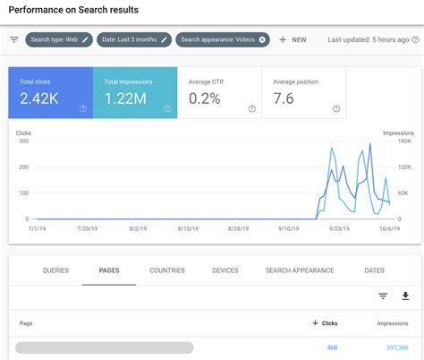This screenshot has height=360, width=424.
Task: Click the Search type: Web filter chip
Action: pos(59,39)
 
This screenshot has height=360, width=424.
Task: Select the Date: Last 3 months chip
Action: pos(134,39)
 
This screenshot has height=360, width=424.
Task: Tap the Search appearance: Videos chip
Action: pos(222,39)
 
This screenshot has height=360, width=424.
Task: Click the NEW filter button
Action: pos(293,39)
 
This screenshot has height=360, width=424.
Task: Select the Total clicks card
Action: pos(50,91)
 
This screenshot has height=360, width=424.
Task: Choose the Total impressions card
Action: pos(134,91)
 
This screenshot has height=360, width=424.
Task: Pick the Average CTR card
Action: pos(220,91)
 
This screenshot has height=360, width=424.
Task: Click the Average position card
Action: pos(305,91)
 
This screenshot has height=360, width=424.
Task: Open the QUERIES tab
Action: pos(55,270)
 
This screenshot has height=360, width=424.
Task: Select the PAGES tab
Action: pos(108,270)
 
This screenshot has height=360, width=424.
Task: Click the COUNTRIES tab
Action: pos(167,270)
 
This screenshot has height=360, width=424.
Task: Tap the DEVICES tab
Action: pos(225,270)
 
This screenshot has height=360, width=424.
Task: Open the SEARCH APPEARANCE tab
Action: pos(300,270)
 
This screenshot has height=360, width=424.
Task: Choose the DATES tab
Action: pos(375,270)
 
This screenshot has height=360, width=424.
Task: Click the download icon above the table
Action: pos(405,296)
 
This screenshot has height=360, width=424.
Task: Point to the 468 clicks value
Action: pos(331,347)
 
